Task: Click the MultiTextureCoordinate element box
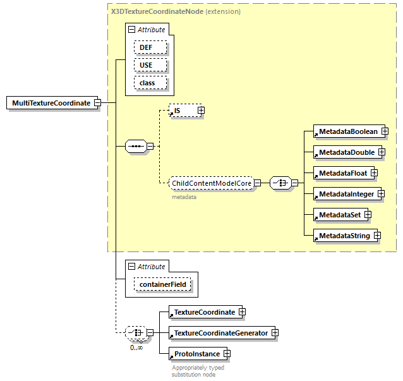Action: click(x=51, y=103)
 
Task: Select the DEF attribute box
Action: click(x=150, y=47)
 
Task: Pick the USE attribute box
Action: click(x=150, y=65)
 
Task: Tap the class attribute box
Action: click(x=150, y=83)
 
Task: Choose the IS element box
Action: click(x=183, y=111)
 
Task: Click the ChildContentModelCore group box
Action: click(x=211, y=183)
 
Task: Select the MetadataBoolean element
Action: click(x=347, y=131)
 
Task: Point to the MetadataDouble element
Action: click(x=346, y=152)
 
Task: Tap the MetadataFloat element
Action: click(x=342, y=172)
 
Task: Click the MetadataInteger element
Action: click(x=346, y=194)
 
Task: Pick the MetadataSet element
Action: click(x=339, y=215)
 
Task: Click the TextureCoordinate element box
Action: click(x=203, y=312)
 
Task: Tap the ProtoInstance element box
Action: click(x=196, y=354)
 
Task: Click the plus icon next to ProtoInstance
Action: click(x=227, y=354)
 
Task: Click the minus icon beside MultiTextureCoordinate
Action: click(x=98, y=103)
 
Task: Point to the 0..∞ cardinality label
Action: click(x=135, y=347)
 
